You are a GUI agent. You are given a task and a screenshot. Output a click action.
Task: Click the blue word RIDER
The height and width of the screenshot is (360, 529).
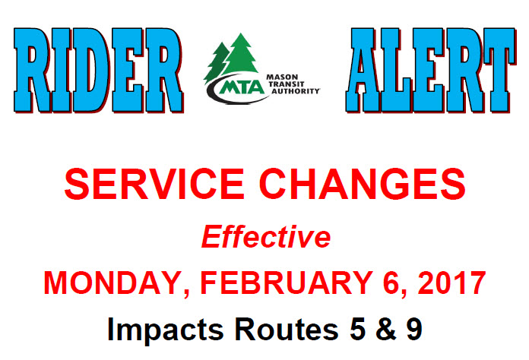(x=99, y=70)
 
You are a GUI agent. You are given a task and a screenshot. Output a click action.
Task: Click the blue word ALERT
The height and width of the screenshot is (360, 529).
(x=431, y=70)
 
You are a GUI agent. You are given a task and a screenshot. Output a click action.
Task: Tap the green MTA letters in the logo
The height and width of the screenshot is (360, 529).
(x=242, y=87)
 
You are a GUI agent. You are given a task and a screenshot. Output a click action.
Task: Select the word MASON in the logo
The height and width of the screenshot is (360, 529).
(x=282, y=77)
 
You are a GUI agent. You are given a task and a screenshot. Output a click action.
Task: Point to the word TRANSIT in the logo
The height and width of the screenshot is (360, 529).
(x=287, y=84)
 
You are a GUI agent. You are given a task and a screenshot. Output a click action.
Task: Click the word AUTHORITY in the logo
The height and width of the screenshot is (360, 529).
(x=296, y=91)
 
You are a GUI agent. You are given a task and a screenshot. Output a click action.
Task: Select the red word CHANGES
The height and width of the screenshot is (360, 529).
(x=362, y=184)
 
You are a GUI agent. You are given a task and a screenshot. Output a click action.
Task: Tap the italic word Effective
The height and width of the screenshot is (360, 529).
(x=266, y=237)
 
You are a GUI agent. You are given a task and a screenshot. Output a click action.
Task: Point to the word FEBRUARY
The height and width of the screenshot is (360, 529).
(x=287, y=283)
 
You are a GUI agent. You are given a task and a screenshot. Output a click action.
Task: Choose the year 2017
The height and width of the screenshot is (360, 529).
(x=451, y=283)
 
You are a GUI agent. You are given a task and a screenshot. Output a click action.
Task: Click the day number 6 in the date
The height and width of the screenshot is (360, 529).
(x=392, y=283)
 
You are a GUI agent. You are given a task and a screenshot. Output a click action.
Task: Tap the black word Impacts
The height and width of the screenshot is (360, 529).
(x=166, y=330)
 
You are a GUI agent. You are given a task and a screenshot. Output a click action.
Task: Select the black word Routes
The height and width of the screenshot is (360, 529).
(x=287, y=329)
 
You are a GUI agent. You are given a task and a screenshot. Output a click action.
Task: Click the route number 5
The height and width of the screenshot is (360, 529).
(x=358, y=329)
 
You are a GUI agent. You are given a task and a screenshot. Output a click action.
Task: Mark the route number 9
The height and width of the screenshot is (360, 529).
(x=414, y=329)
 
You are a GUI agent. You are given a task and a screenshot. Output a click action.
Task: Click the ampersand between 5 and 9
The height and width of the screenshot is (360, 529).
(x=386, y=329)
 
